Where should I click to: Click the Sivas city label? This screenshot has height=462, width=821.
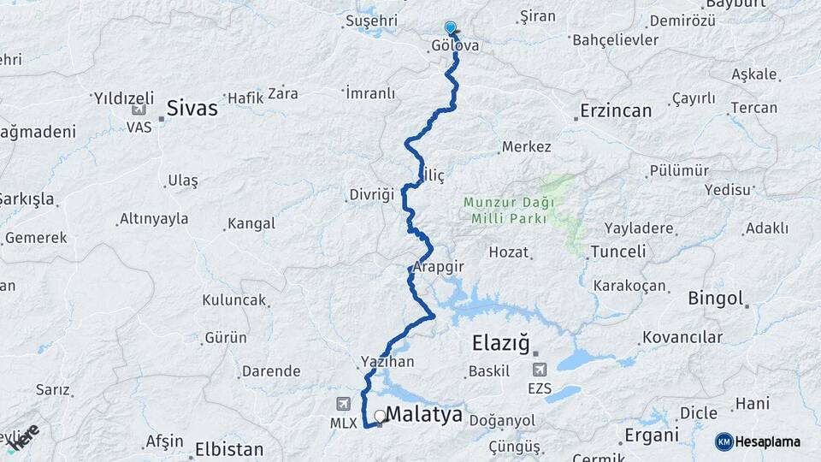click(192, 109)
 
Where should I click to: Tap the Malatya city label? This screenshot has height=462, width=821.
click(424, 416)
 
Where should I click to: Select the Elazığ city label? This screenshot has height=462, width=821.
click(503, 344)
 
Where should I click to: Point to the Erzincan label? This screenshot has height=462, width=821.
click(616, 110)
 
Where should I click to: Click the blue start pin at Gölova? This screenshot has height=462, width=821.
click(451, 28)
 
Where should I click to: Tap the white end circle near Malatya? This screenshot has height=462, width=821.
click(380, 416)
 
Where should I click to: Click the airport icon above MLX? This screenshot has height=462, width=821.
click(344, 403)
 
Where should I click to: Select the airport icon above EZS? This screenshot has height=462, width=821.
click(540, 370)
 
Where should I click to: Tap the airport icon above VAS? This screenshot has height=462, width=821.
click(139, 109)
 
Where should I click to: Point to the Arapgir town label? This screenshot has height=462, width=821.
click(438, 267)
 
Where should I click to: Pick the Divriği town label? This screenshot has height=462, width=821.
click(371, 194)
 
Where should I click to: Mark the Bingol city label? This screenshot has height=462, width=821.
click(716, 299)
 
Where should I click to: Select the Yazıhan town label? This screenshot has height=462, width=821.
click(388, 362)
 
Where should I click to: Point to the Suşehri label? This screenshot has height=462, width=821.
click(372, 20)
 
